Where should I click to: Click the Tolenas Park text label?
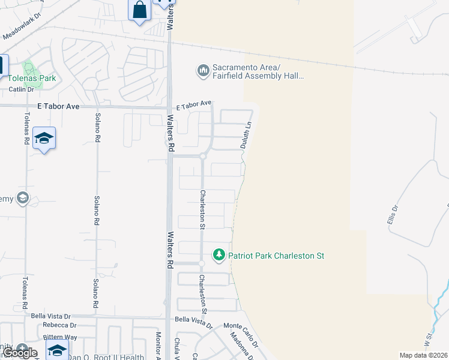click(31, 78)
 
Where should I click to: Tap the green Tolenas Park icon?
click(28, 67)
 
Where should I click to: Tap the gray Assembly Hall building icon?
click(203, 71)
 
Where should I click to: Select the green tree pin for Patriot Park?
click(220, 255)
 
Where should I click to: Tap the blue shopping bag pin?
click(139, 10)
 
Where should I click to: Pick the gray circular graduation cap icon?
click(23, 198)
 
